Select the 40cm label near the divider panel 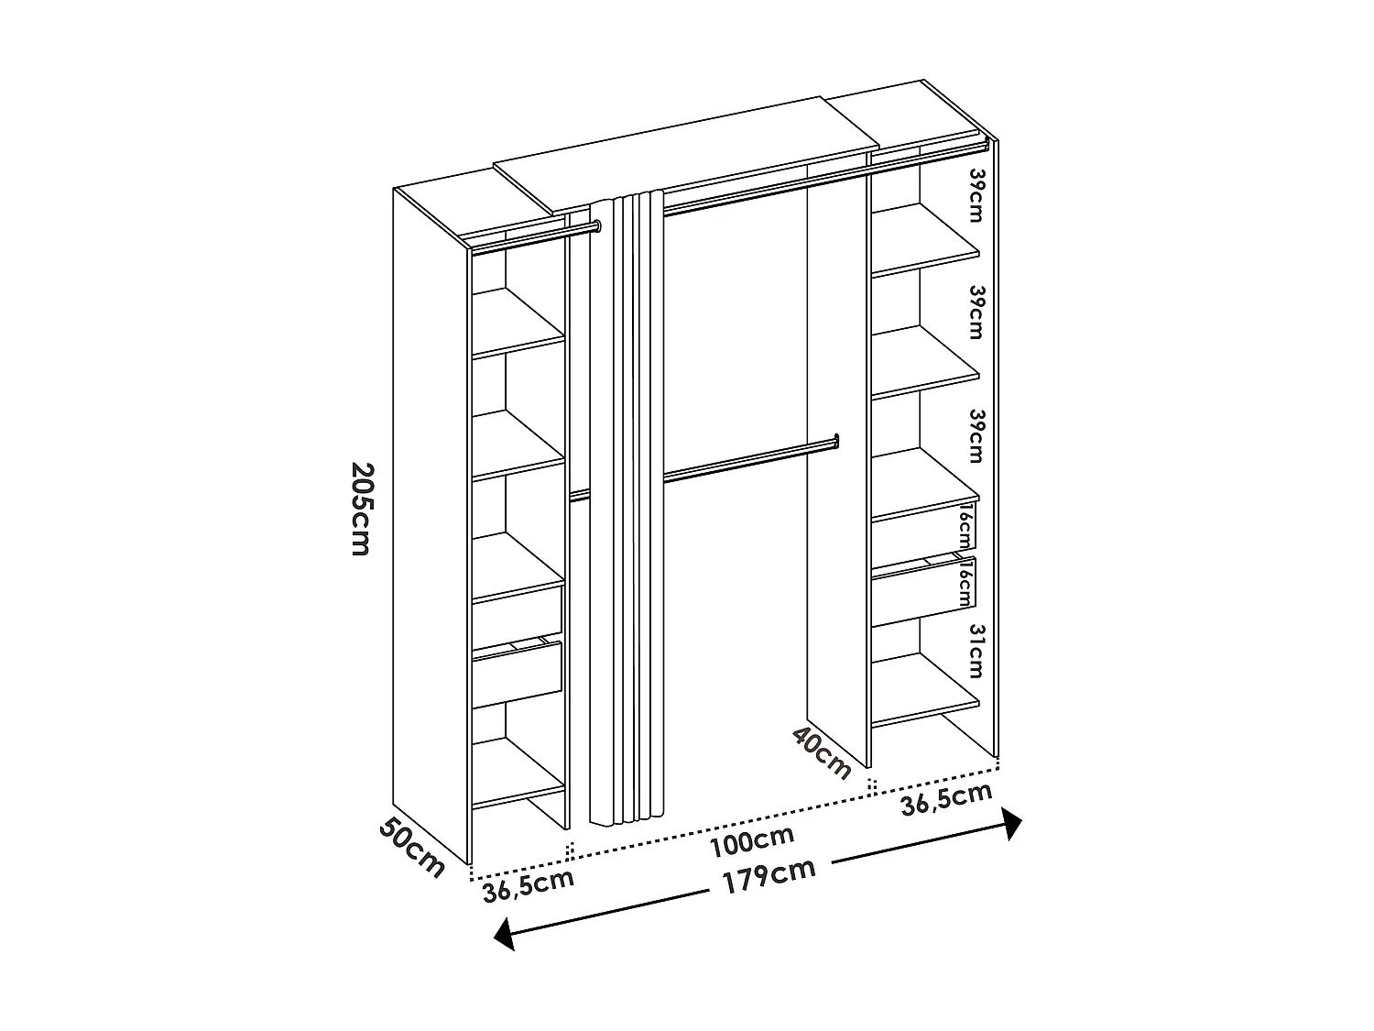tap(823, 751)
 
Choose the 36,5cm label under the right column tap(946, 799)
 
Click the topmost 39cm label tap(976, 194)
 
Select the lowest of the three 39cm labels tap(976, 435)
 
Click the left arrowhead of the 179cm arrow tap(502, 936)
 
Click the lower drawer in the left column tap(517, 674)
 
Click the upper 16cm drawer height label tap(965, 526)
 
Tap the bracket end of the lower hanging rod tap(836, 441)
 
